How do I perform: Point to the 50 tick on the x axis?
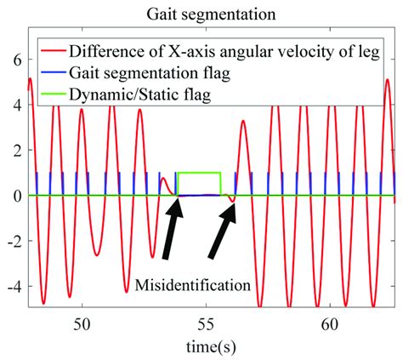click(x=82, y=324)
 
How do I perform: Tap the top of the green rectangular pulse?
click(x=199, y=173)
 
